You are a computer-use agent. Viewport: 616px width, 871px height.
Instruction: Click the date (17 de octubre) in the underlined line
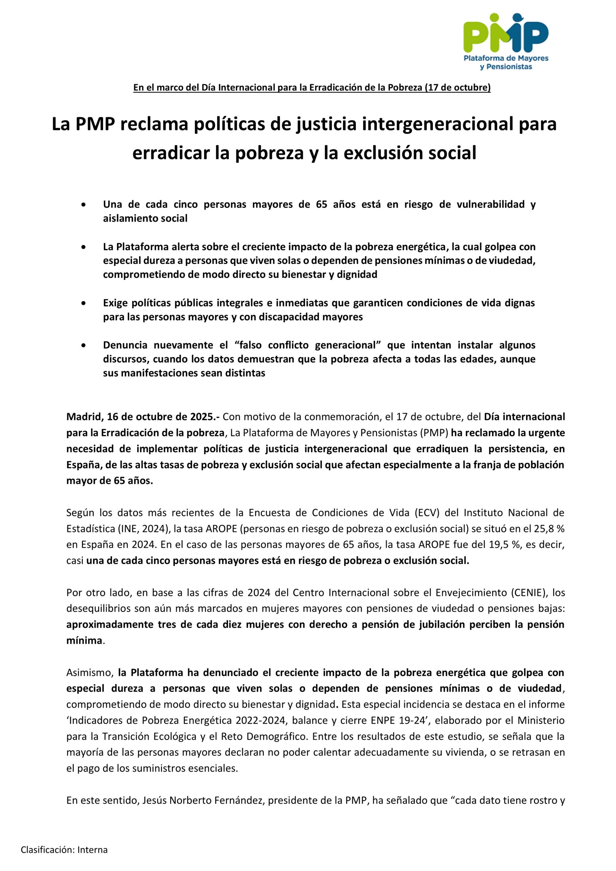coord(458,88)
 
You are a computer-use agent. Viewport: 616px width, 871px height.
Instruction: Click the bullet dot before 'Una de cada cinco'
coord(83,205)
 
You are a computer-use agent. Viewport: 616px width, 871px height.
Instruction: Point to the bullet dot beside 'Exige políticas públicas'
coord(83,303)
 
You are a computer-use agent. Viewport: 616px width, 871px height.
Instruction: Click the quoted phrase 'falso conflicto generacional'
coord(308,345)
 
